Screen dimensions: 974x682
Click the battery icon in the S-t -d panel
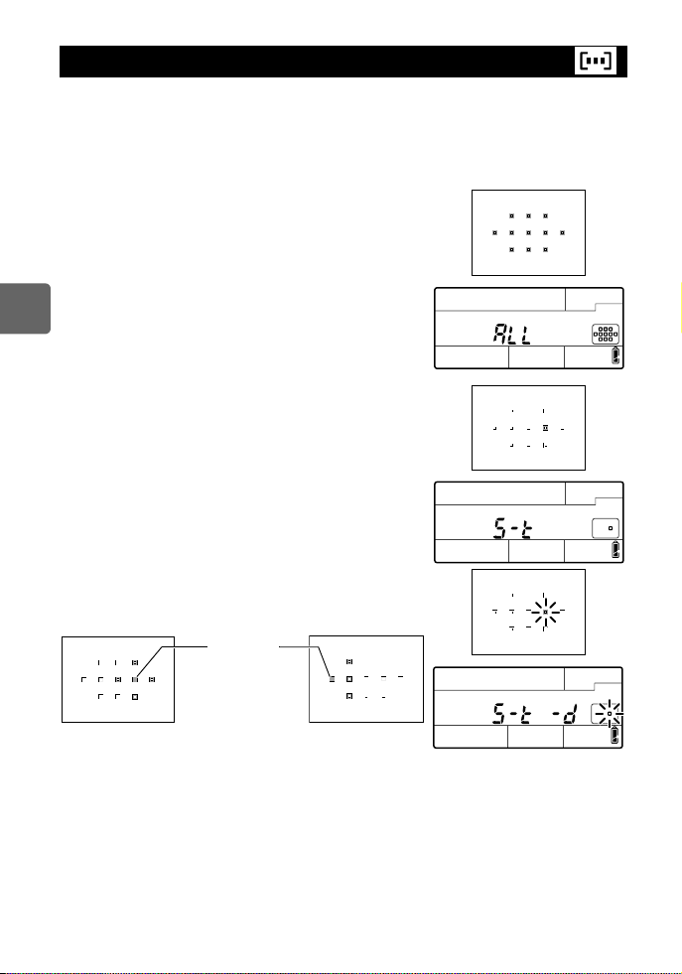(615, 735)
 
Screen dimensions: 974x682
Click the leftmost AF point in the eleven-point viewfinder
(495, 231)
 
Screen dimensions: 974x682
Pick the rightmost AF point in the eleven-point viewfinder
(562, 231)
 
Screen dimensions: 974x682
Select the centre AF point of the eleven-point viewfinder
(528, 231)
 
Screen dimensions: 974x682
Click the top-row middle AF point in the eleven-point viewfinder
(528, 214)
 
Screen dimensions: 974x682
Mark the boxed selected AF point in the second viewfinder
(546, 428)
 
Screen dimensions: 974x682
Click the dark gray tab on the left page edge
(25, 307)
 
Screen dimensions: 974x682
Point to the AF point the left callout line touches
(135, 679)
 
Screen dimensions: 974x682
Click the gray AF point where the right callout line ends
(333, 679)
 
